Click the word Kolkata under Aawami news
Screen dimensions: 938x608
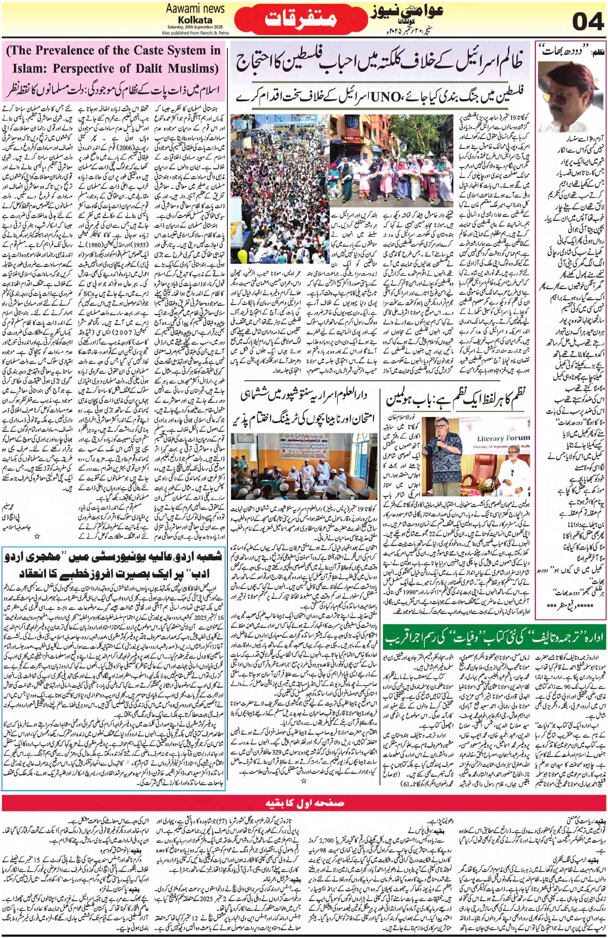click(195, 20)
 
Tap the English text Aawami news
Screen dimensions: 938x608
click(195, 9)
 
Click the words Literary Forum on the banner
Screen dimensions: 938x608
click(503, 438)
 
